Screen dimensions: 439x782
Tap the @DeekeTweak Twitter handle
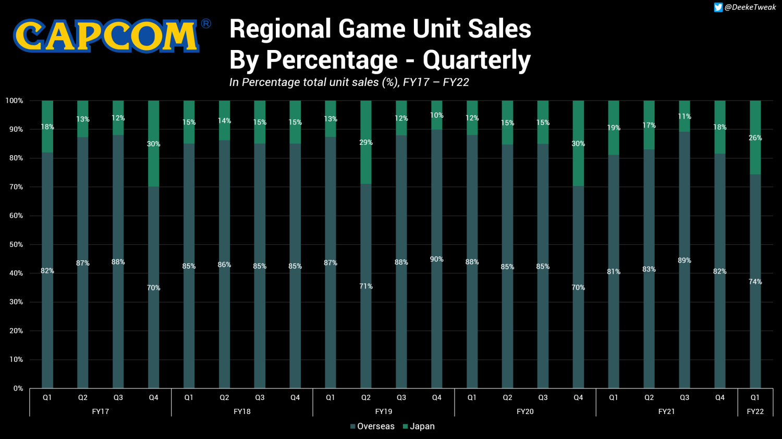750,7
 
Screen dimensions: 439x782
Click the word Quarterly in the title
476,60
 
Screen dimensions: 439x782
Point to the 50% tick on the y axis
14,244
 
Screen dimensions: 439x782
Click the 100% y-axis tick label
14,101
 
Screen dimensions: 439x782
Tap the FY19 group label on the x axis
384,411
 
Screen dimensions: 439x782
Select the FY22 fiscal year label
755,411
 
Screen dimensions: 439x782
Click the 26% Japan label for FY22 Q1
755,138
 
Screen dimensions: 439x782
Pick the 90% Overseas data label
436,259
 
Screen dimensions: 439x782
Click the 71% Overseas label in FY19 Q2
366,286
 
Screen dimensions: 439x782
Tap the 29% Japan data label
366,142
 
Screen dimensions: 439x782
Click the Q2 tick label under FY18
224,397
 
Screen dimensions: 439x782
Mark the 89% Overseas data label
684,260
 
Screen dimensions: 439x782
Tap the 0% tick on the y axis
18,388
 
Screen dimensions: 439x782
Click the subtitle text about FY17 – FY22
349,82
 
